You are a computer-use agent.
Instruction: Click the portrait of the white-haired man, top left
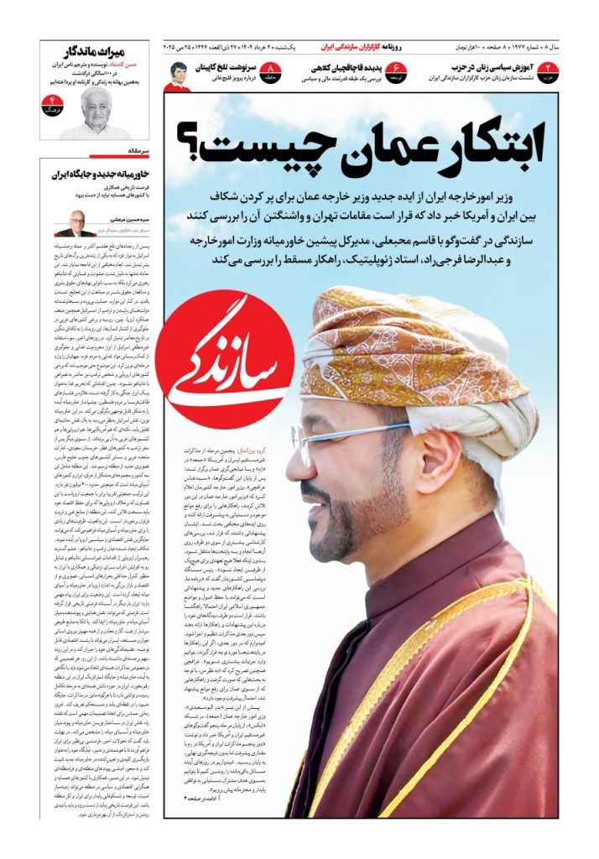pos(95,114)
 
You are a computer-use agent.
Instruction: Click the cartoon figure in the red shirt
pos(177,76)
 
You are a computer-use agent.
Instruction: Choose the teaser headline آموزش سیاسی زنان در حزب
pos(479,67)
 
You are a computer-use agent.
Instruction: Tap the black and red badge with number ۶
pos(395,71)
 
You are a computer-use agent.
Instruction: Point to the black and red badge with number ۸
pos(271,71)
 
